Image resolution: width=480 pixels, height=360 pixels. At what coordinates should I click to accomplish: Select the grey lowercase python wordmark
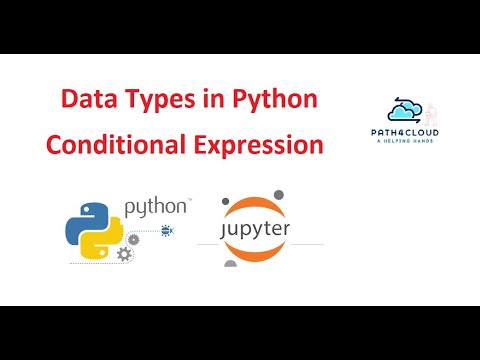(155, 208)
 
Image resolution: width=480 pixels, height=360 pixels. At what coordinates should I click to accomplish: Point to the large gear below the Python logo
(124, 255)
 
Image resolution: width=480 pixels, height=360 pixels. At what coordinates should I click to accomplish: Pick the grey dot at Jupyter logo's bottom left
(230, 264)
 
